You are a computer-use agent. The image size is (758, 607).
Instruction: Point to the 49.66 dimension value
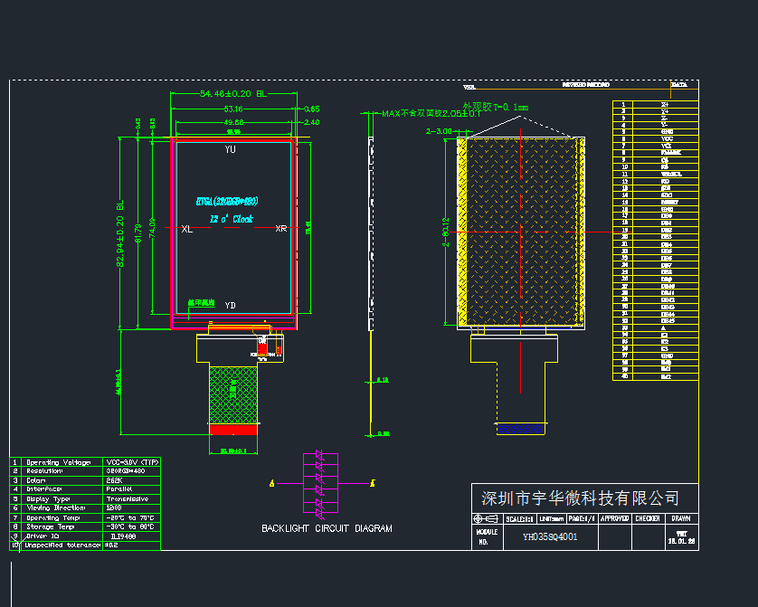[232, 122]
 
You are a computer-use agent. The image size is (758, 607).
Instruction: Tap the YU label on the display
[231, 149]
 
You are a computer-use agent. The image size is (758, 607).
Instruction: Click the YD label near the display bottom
[231, 305]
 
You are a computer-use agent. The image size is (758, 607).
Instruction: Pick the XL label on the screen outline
[186, 229]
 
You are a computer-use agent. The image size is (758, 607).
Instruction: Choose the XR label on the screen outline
[281, 229]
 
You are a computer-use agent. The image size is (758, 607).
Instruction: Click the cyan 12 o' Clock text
[232, 219]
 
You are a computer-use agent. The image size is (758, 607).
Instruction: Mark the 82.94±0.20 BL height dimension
[118, 233]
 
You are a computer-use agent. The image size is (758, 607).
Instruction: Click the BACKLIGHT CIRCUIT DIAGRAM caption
[327, 528]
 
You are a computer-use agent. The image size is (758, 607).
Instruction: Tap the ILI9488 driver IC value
[124, 536]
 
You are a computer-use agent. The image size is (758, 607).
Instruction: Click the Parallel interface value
[122, 489]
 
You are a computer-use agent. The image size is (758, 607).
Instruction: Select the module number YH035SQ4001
[550, 536]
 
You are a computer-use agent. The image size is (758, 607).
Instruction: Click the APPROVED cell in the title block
[614, 518]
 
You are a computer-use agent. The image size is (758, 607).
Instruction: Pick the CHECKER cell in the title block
[647, 518]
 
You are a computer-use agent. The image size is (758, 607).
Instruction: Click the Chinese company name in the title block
[579, 498]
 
